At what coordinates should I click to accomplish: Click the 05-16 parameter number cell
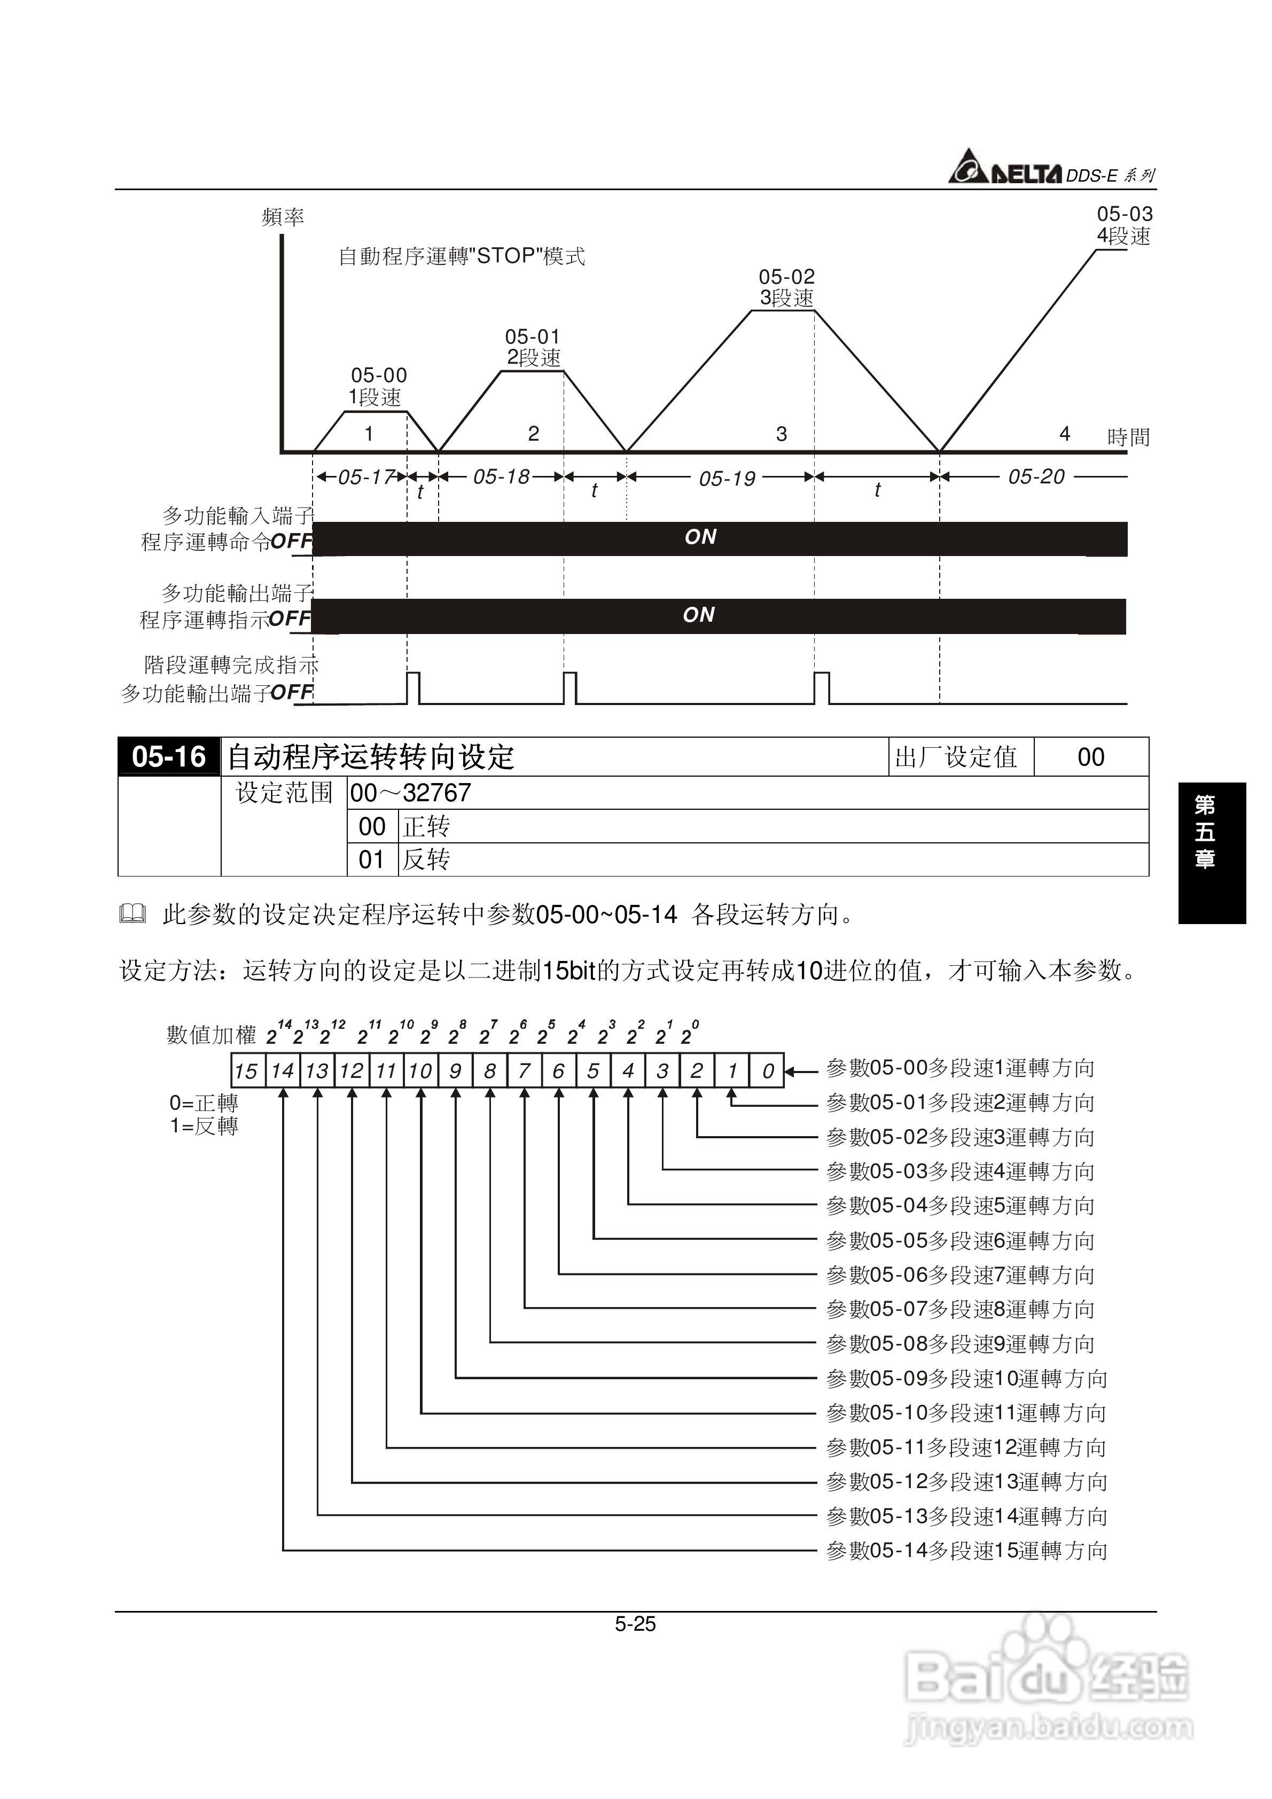168,757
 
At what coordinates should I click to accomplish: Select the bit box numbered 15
246,1070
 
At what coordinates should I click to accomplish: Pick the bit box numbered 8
490,1070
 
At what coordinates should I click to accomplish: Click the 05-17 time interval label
366,476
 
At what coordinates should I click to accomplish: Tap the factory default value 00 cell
1090,757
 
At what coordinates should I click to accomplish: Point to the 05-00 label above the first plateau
379,376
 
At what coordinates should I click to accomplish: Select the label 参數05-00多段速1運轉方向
960,1068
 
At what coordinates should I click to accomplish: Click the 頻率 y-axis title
282,217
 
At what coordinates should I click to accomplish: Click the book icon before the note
133,913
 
